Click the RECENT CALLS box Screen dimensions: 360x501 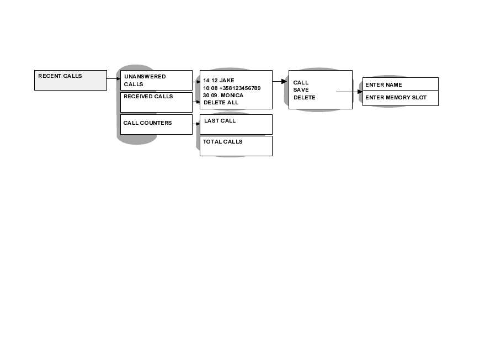(71, 80)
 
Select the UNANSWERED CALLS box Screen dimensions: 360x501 (156, 80)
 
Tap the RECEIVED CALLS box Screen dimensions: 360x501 (156, 102)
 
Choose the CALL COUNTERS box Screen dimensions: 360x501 (156, 124)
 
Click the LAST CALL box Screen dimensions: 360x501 (236, 124)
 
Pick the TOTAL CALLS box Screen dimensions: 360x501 (236, 146)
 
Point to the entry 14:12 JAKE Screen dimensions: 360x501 (218, 81)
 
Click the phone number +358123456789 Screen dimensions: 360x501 (240, 88)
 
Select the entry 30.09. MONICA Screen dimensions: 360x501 (223, 96)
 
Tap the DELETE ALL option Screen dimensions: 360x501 (221, 103)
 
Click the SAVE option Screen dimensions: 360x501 (301, 90)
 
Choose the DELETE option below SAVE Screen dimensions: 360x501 (304, 98)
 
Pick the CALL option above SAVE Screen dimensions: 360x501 (301, 83)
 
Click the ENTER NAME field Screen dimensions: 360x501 (400, 84)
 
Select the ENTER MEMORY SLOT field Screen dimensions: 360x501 (400, 98)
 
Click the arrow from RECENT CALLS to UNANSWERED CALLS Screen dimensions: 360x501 (113, 79)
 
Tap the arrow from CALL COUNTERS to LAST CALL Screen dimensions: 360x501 (196, 124)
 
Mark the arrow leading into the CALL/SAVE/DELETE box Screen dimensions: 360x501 (280, 81)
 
